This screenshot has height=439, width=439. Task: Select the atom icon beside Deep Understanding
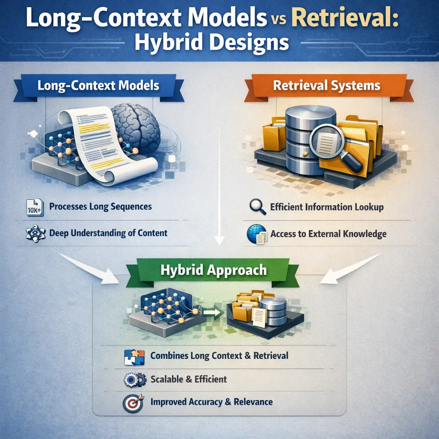[x=33, y=234]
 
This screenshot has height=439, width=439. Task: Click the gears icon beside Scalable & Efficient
[x=132, y=379]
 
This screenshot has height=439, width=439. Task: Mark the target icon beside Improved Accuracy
[x=132, y=402]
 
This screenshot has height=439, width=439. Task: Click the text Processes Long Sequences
[x=100, y=207]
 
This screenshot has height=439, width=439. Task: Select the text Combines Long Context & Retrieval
[x=219, y=356]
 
